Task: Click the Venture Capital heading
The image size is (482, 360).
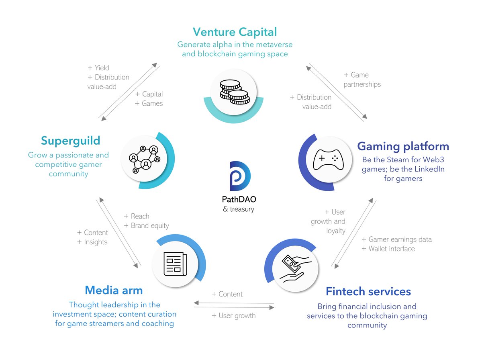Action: pos(235,31)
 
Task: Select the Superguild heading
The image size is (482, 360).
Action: pos(70,141)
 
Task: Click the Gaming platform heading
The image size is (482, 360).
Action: pos(403,146)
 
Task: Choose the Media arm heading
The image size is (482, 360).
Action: pos(114,290)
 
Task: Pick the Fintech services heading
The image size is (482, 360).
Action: pos(368,291)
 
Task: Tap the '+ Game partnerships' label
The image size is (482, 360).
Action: pos(361,80)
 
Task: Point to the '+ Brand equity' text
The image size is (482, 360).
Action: pos(146,226)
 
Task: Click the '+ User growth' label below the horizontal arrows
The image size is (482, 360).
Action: pos(233,316)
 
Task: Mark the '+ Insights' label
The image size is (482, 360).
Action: pos(92,242)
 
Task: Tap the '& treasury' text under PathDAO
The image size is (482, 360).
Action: pos(238,209)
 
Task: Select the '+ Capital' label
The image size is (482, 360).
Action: pos(149,94)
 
